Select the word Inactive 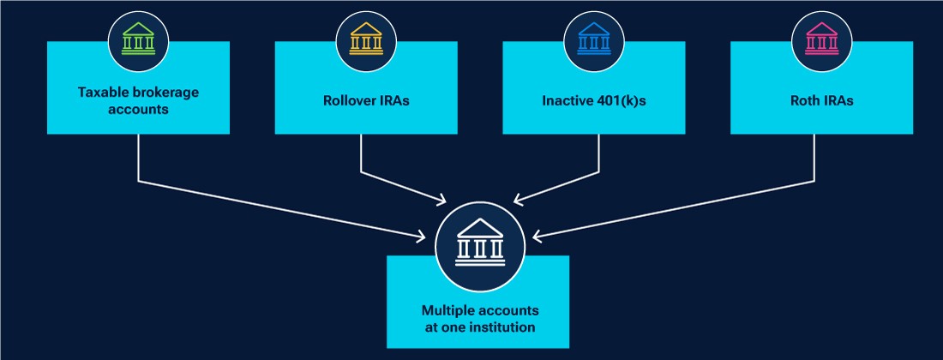pos(568,100)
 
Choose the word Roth pos(806,100)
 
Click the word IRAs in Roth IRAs pos(838,100)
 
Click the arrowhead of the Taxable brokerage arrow pos(426,235)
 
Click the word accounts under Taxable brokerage pos(139,109)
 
